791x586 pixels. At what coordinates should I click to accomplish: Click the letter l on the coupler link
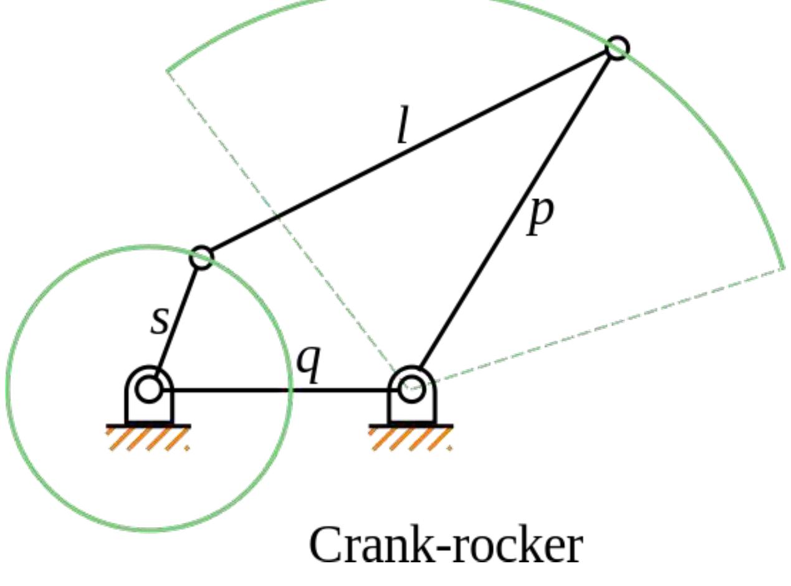pyautogui.click(x=403, y=130)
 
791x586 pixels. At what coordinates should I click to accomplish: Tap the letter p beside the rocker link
pyautogui.click(x=539, y=215)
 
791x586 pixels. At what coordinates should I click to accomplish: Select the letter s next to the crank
pyautogui.click(x=160, y=320)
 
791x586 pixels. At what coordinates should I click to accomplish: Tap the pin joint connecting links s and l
pyautogui.click(x=201, y=256)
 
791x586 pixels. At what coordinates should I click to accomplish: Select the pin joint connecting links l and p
pyautogui.click(x=617, y=48)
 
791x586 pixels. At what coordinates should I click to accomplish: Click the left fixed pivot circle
pyautogui.click(x=149, y=390)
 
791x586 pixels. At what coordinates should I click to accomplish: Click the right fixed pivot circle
pyautogui.click(x=412, y=390)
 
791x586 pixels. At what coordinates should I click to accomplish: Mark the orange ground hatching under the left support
pyautogui.click(x=148, y=439)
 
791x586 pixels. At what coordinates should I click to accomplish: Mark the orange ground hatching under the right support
pyautogui.click(x=411, y=439)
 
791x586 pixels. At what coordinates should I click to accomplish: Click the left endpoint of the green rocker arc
pyautogui.click(x=168, y=70)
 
